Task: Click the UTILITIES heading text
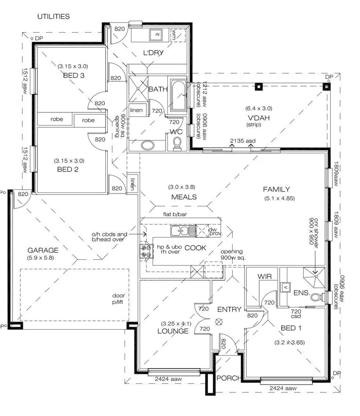(53, 16)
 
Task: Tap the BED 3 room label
(73, 75)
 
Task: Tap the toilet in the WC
(177, 145)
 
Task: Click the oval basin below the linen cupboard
(148, 145)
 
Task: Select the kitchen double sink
(183, 231)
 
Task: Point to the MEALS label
(184, 197)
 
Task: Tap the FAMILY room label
(276, 189)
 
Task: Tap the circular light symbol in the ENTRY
(219, 322)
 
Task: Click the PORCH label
(228, 378)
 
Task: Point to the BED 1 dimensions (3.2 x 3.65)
(290, 342)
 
